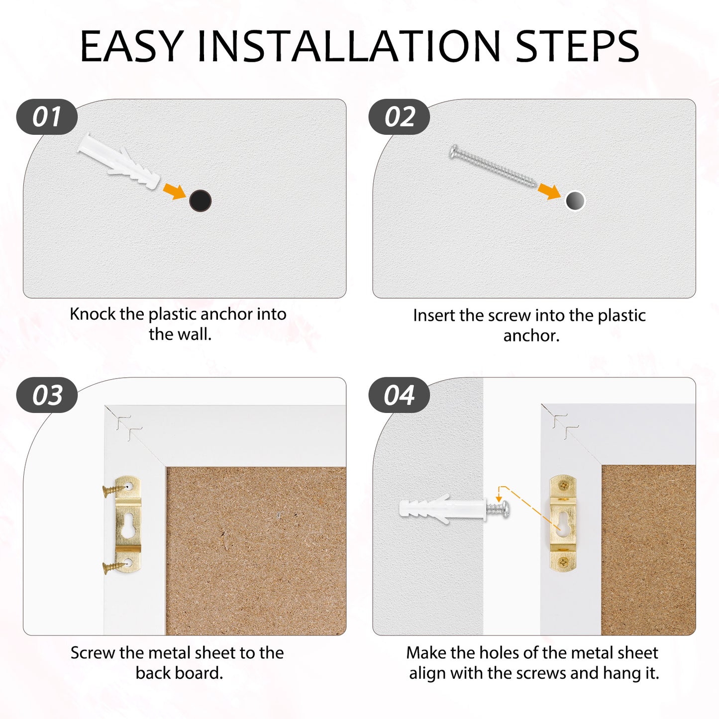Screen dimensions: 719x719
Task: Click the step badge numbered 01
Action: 47,117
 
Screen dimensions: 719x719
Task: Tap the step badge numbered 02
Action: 399,117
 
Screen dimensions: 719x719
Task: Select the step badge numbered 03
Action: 47,395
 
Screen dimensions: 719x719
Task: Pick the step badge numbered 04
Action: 399,395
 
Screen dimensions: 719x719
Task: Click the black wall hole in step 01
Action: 201,201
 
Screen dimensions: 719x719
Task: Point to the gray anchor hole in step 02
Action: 575,201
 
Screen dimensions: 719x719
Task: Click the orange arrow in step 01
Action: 175,192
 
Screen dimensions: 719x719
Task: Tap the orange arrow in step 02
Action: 550,192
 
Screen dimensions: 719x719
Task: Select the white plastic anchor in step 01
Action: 118,161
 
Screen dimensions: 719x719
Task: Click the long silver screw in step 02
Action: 493,166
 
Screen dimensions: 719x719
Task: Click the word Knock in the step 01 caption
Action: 93,314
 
